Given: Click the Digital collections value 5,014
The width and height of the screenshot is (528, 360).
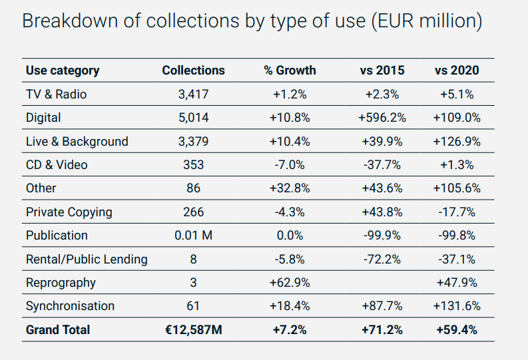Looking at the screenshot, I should (x=193, y=118).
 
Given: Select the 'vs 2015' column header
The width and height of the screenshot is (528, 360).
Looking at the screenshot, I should (x=382, y=71).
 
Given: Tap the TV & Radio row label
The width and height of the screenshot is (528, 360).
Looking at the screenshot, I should (x=56, y=94).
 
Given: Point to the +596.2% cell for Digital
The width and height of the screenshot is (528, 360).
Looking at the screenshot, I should (x=382, y=118).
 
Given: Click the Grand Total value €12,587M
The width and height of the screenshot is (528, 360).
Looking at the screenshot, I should (x=193, y=329).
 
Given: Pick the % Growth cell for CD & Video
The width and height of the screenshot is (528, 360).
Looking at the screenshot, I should (x=290, y=165).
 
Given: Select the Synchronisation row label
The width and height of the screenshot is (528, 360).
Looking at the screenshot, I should (x=70, y=306).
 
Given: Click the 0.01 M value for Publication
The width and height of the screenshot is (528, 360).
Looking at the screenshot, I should (x=193, y=236).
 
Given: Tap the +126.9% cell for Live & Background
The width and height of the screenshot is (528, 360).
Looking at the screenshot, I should (x=457, y=142).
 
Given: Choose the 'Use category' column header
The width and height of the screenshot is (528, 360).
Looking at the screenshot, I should (x=62, y=71).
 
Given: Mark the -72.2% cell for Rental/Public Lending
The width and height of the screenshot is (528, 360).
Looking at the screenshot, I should (x=382, y=259).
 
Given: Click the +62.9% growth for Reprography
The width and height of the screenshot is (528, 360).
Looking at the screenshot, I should (x=290, y=283).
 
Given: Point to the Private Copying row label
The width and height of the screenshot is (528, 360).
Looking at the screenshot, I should (x=69, y=212).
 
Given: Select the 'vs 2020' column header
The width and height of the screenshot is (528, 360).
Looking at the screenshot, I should (x=457, y=71).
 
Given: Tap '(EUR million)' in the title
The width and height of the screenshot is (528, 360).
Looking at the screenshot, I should (x=423, y=21).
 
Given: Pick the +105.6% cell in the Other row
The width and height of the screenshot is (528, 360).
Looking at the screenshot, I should (x=457, y=188).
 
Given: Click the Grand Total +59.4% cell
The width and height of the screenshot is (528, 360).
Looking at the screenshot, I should (x=457, y=329).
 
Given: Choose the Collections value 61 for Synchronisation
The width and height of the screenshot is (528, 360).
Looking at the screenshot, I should (x=193, y=306).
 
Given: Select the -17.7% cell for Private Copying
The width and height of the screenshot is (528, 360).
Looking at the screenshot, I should (x=457, y=212).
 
